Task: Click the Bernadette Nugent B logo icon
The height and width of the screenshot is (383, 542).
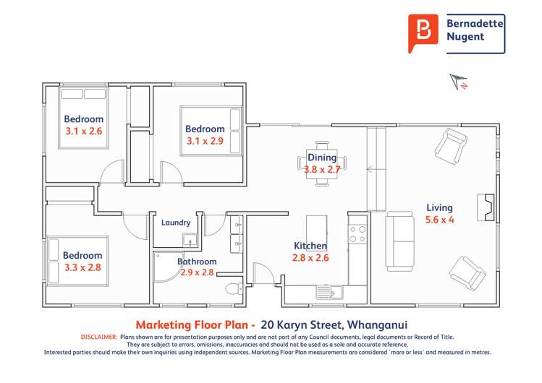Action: pos(423,33)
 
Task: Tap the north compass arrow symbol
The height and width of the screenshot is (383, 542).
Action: pos(459,82)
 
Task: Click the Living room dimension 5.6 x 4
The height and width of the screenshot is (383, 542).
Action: pos(439,220)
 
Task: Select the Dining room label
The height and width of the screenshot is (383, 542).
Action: pos(322,158)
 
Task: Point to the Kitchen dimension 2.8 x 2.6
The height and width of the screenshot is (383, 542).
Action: pos(310,258)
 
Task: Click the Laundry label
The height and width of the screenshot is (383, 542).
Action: pos(176,223)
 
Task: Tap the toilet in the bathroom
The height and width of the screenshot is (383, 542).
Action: pos(234,288)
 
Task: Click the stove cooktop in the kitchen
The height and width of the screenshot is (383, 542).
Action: pos(357,234)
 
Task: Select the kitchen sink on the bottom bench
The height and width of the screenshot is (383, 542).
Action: pos(329,292)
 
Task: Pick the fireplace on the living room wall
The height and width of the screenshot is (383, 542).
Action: pos(486,207)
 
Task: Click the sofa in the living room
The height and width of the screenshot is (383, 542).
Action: pos(399,241)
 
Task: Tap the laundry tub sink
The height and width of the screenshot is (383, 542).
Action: pos(190,240)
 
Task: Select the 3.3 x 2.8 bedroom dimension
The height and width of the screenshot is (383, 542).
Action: pos(82,267)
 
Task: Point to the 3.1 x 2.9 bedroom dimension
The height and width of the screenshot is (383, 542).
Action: pos(205,141)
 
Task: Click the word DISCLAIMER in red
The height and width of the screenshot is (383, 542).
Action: pos(99,337)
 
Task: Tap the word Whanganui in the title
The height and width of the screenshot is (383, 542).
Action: pos(378,324)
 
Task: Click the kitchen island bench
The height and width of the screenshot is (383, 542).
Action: pos(317,229)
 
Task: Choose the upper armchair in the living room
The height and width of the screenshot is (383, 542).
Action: pos(451,145)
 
